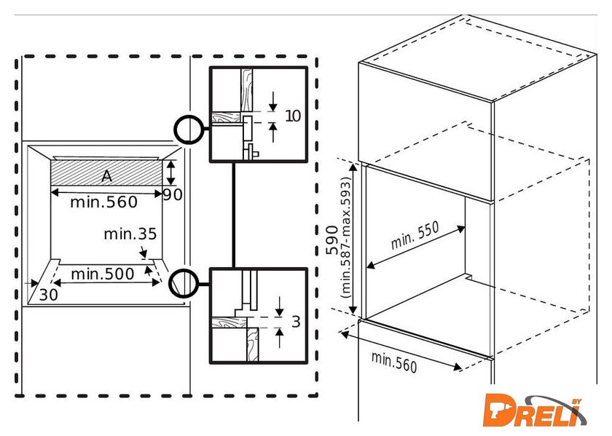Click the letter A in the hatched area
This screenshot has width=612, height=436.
[106, 175]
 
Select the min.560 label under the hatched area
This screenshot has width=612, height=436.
[103, 202]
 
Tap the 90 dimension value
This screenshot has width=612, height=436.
[173, 194]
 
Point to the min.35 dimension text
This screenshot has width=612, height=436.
[130, 234]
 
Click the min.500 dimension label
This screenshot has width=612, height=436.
[103, 274]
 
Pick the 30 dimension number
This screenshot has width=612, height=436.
[49, 294]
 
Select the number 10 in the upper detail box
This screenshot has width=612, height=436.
[292, 116]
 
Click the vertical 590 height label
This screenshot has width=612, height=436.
[332, 240]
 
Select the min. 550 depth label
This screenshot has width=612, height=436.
[415, 235]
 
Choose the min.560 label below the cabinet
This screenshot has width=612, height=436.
[394, 361]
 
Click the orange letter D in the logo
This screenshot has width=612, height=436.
[502, 410]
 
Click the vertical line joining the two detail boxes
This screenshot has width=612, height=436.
[233, 215]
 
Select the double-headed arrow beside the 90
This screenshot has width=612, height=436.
[170, 173]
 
